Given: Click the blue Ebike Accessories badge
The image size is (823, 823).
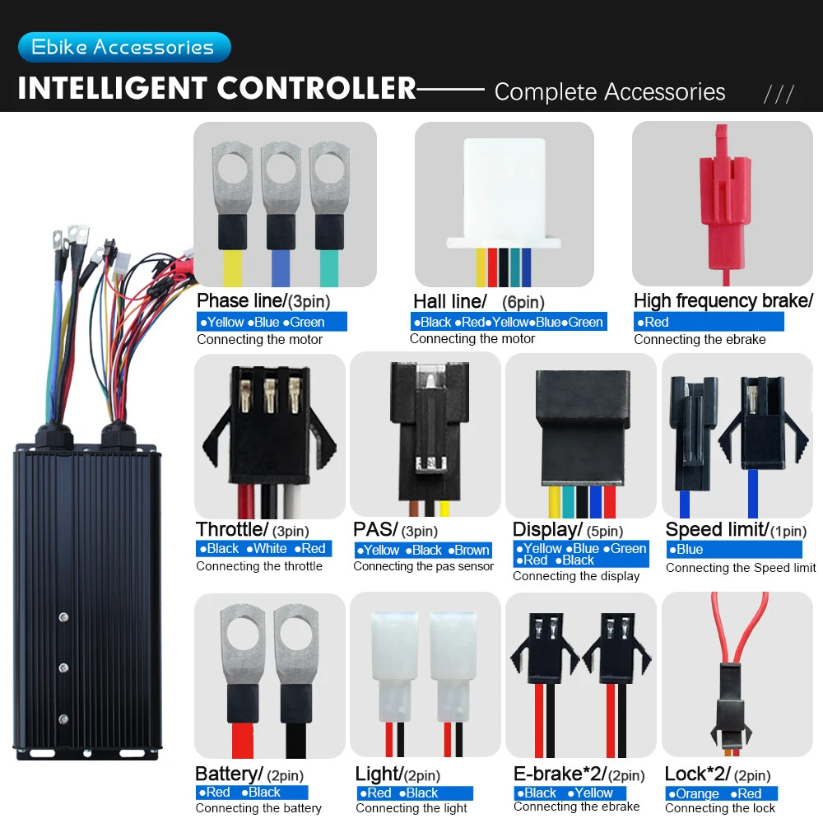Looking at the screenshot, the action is [x=124, y=47].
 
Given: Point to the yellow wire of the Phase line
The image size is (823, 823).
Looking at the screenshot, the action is [x=233, y=268].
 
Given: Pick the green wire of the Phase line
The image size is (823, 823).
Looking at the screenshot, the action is [x=329, y=268].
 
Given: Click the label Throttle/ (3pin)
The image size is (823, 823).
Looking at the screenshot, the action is [x=253, y=529].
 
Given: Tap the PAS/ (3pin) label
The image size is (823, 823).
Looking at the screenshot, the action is [x=395, y=529].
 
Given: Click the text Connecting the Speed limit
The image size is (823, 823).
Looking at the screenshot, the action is [x=741, y=568].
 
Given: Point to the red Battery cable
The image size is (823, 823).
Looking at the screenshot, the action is [x=243, y=741].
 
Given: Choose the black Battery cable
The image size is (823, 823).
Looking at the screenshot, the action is [x=295, y=741].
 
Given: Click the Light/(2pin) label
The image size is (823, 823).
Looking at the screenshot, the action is [x=398, y=774].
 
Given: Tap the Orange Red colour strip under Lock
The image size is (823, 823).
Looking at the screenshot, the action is [x=721, y=793].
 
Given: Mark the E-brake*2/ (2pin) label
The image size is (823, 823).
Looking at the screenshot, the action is [x=579, y=774].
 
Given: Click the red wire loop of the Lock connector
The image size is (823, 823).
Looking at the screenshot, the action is [x=740, y=628].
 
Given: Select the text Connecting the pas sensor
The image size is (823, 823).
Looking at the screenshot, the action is [x=423, y=566].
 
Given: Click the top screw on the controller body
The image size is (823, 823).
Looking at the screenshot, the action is [x=63, y=616].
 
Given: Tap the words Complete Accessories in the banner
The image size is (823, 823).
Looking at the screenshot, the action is [x=610, y=92].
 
